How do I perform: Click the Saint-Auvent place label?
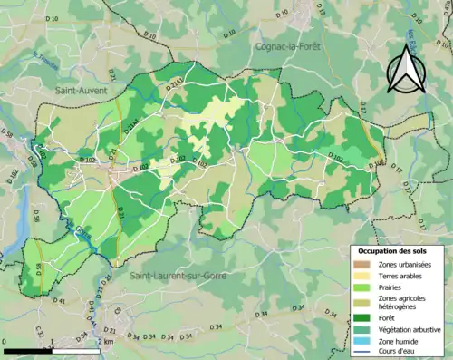pyautogui.click(x=81, y=90)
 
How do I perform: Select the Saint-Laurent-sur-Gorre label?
pyautogui.click(x=180, y=273)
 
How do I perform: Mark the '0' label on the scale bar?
pyautogui.click(x=5, y=341)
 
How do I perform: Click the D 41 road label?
pyautogui.click(x=60, y=300)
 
